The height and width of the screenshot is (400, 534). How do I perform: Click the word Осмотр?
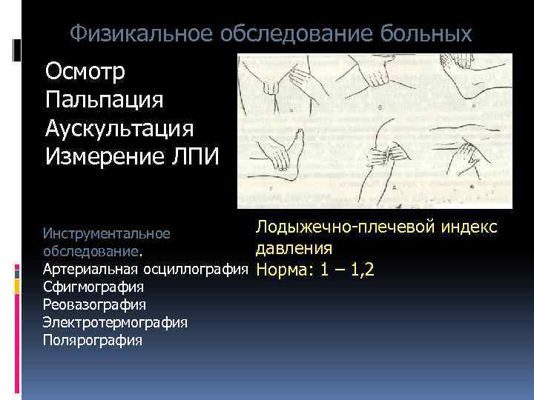coord(86,72)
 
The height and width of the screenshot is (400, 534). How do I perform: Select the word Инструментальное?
coord(107,233)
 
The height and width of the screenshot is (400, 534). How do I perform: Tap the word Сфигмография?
coord(93,286)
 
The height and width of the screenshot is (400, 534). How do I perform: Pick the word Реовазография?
coord(94,304)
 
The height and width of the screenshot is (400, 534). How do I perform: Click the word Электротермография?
coord(115,322)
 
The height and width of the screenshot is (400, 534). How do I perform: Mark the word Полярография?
coord(93,340)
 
